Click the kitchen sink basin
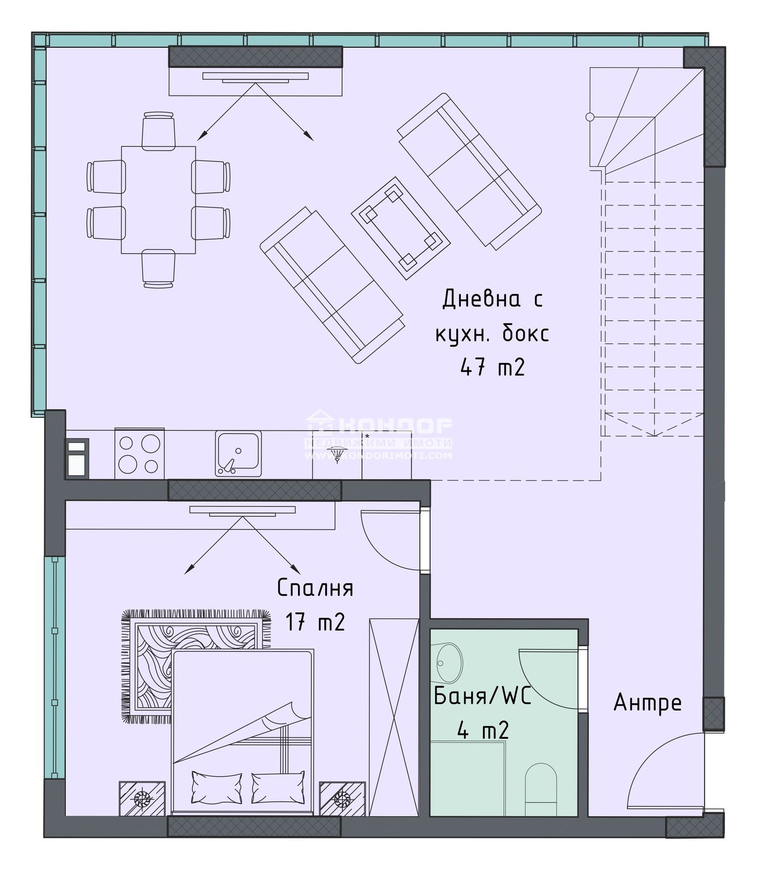(238, 453)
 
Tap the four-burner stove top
(139, 454)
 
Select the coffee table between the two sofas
(400, 228)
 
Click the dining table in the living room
(158, 200)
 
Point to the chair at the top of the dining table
(158, 130)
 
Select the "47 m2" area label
(492, 367)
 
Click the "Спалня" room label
(315, 588)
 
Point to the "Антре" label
(647, 702)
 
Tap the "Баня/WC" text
(482, 696)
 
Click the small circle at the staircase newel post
(590, 116)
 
